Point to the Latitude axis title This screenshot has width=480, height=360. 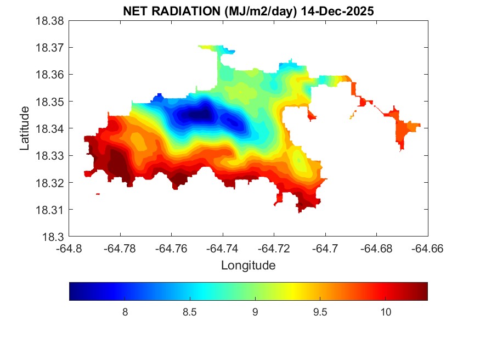coord(25,128)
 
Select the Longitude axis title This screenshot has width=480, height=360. coord(248,266)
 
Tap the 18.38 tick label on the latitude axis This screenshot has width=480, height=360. coord(51,21)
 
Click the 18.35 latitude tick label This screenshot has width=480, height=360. coord(51,102)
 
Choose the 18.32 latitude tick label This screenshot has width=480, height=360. coord(51,183)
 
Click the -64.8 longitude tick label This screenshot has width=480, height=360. coord(70,249)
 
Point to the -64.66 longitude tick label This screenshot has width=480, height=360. coord(428,249)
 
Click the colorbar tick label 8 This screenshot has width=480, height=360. coord(125,312)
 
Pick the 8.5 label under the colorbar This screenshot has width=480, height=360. coord(190,312)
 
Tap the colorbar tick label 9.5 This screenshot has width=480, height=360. coord(320,312)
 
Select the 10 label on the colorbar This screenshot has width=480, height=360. coord(385,312)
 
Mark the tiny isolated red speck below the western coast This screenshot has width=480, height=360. coord(98,194)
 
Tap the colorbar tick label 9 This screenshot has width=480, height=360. coord(255,312)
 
